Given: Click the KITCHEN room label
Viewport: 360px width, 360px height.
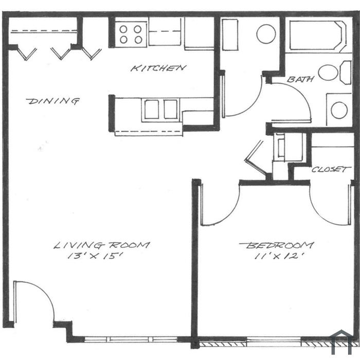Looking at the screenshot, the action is click(x=158, y=68).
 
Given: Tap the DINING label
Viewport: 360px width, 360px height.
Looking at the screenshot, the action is click(x=53, y=101).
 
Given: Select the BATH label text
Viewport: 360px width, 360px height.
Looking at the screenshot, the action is click(x=300, y=79).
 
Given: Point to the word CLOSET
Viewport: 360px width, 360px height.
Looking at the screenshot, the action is click(x=331, y=170).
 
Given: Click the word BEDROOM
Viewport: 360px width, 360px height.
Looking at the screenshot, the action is click(x=277, y=245).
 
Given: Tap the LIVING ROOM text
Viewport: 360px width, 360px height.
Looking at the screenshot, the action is click(x=102, y=245).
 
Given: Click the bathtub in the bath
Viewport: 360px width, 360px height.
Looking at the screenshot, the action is click(x=318, y=35).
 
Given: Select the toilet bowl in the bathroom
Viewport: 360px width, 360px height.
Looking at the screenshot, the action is click(x=328, y=73).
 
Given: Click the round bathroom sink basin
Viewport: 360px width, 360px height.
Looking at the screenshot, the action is click(x=339, y=110).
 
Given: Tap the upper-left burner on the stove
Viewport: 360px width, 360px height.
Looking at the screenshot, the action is click(x=123, y=29).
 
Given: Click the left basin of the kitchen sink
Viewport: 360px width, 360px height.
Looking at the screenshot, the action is click(x=152, y=109).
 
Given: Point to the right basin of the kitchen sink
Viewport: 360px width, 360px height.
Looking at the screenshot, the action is click(x=170, y=109).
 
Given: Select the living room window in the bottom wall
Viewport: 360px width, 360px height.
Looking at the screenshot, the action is click(x=131, y=339).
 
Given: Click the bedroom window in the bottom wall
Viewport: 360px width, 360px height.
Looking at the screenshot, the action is click(x=274, y=341).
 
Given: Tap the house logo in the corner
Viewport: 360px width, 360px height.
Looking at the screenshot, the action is click(x=342, y=341).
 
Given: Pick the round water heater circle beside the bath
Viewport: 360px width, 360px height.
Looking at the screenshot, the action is click(x=266, y=34).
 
